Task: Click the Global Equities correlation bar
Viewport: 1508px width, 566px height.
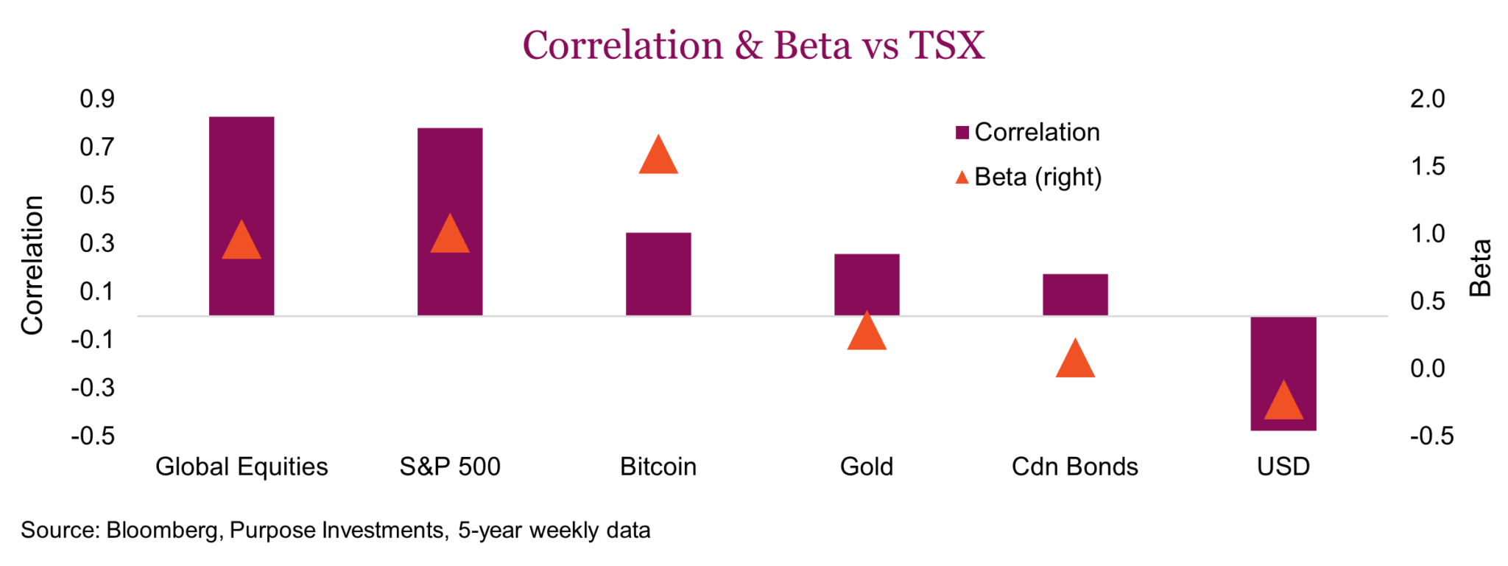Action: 242,216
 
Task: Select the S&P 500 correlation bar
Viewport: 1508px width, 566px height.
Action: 450,222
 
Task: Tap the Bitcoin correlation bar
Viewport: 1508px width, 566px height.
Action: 658,274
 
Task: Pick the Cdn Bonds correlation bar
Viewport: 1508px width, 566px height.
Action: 1075,295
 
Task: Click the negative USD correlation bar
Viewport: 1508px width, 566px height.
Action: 1283,374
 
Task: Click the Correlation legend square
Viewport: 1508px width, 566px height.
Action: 962,133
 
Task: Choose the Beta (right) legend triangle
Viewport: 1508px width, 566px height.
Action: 962,178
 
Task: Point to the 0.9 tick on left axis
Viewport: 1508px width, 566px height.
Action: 97,99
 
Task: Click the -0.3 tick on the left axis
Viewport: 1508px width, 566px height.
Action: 93,388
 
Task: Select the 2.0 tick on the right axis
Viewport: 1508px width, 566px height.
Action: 1428,99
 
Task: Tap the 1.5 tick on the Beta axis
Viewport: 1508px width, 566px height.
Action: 1428,167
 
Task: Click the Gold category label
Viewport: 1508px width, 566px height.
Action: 867,467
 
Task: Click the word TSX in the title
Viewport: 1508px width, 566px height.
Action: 947,45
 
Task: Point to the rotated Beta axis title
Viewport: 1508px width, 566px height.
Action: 1480,268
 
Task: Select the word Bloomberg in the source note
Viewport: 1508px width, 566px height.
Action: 162,531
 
